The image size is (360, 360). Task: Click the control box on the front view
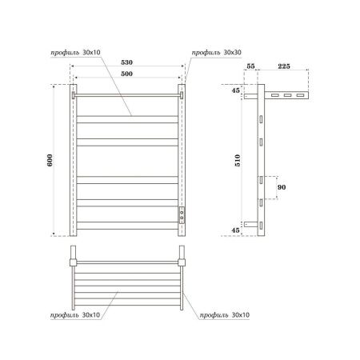pos(182,214)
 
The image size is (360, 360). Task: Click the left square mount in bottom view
pos(73,261)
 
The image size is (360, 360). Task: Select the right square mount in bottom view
pos(182,261)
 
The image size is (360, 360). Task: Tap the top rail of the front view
pos(127,94)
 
